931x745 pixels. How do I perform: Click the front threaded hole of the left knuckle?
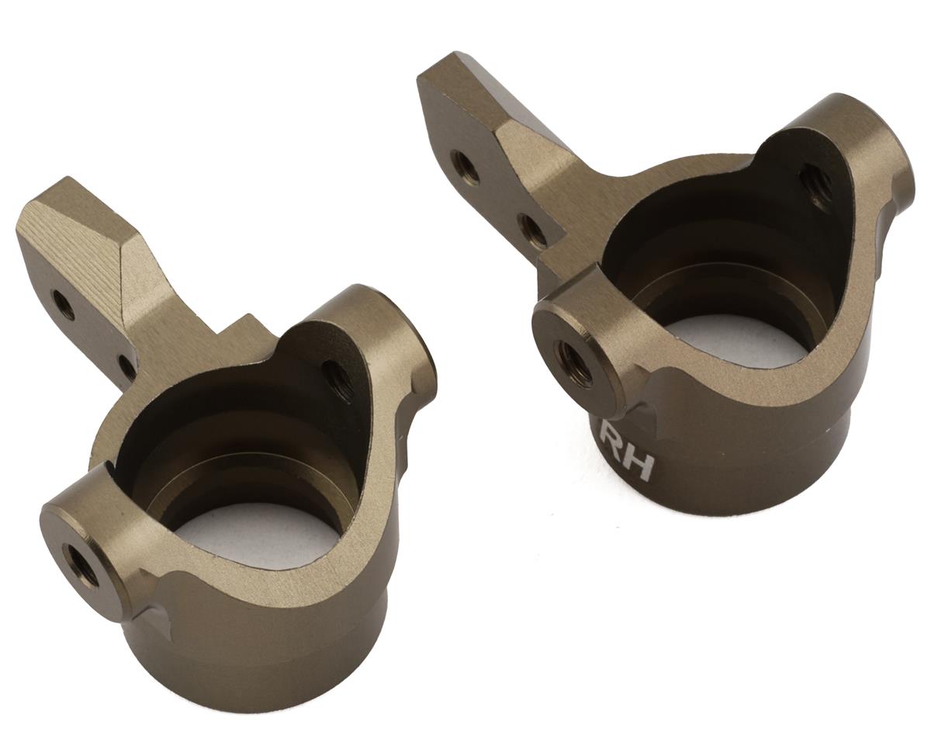(81, 564)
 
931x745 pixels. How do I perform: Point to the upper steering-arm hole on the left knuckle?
(63, 303)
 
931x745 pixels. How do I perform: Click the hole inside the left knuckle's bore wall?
(338, 378)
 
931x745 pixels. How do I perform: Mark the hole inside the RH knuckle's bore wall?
(815, 184)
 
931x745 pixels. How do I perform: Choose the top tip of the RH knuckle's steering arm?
(458, 62)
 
